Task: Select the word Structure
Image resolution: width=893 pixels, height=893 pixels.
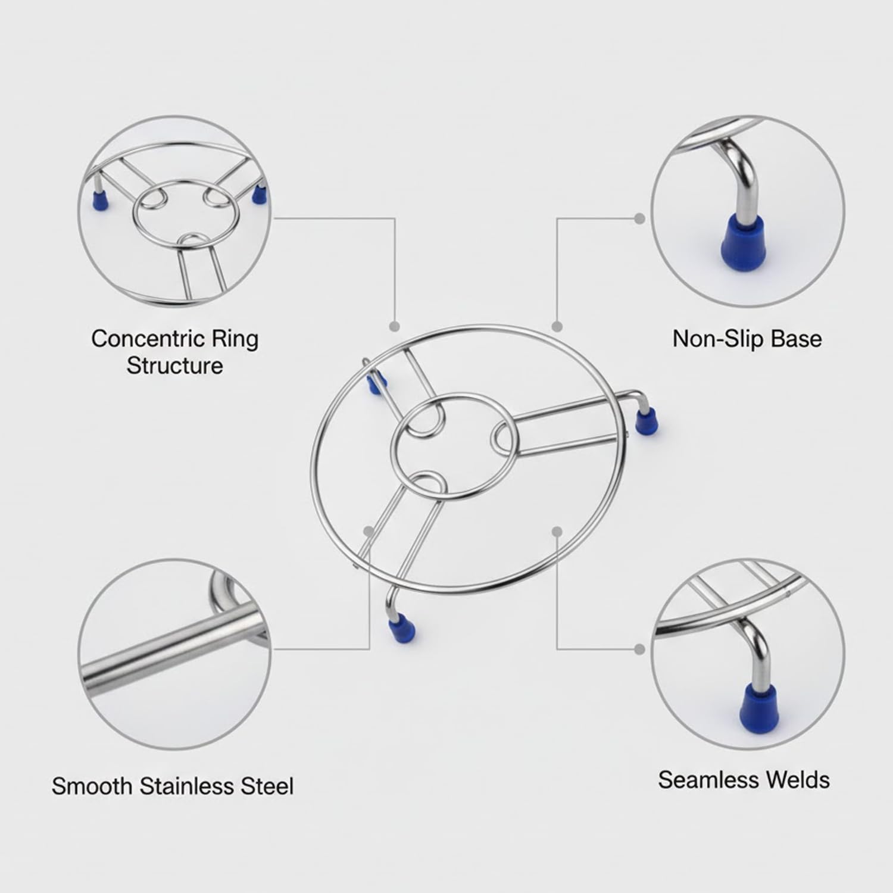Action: pyautogui.click(x=174, y=366)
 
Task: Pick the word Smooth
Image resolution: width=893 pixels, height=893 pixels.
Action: pyautogui.click(x=92, y=786)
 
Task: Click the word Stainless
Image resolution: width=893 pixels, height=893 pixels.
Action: pyautogui.click(x=187, y=786)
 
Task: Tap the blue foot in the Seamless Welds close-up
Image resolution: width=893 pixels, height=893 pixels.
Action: pyautogui.click(x=757, y=702)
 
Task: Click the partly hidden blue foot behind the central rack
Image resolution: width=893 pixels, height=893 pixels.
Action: pyautogui.click(x=373, y=386)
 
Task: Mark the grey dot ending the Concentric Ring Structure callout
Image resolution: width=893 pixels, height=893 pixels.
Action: pyautogui.click(x=394, y=326)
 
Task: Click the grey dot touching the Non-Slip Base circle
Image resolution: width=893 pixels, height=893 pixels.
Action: pyautogui.click(x=640, y=218)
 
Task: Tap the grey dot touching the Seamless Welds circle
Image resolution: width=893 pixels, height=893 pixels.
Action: pyautogui.click(x=640, y=648)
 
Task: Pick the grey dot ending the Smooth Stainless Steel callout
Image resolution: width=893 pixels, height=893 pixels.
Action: pyautogui.click(x=370, y=530)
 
